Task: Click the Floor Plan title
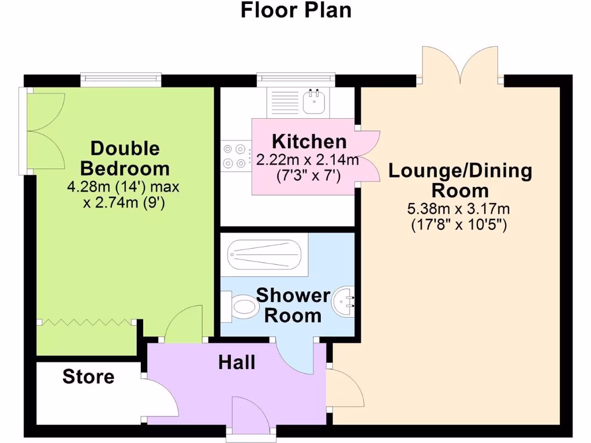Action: [295, 10]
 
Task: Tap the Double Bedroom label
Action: [125, 159]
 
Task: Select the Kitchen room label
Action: [309, 141]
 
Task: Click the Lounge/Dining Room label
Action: [459, 181]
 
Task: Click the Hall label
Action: [237, 362]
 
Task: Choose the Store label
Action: [88, 377]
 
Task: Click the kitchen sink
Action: [315, 102]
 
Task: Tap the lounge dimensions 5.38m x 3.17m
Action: [459, 209]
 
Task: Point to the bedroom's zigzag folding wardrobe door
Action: [87, 322]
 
